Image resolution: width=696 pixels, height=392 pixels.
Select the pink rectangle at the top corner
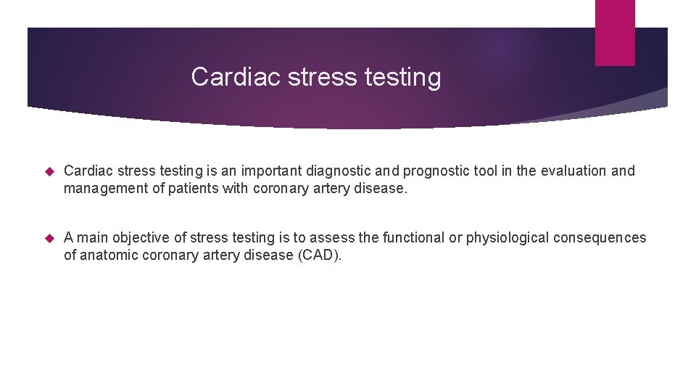[x=615, y=32]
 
